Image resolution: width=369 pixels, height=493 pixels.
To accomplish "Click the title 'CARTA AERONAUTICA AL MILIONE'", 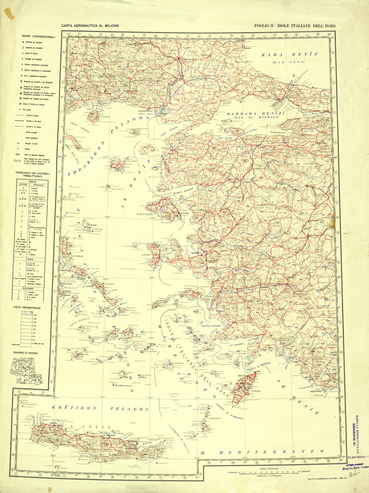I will pos(90,26).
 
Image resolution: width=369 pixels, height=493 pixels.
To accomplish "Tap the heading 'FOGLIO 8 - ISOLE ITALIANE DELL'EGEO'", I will pos(295,26).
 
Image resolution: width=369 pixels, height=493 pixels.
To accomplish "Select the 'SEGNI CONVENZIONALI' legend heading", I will pos(38,37).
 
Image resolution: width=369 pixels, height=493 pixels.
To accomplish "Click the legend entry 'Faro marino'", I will pos(32,110).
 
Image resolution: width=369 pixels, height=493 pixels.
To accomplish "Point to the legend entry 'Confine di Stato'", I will pos(33,116).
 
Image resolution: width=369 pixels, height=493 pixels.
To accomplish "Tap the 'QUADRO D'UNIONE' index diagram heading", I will pos(26,353).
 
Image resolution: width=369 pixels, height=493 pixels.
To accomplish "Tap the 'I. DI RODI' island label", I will pos(256,391).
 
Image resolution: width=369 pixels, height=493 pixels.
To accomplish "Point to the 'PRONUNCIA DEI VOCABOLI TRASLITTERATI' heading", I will pos(33,175).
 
